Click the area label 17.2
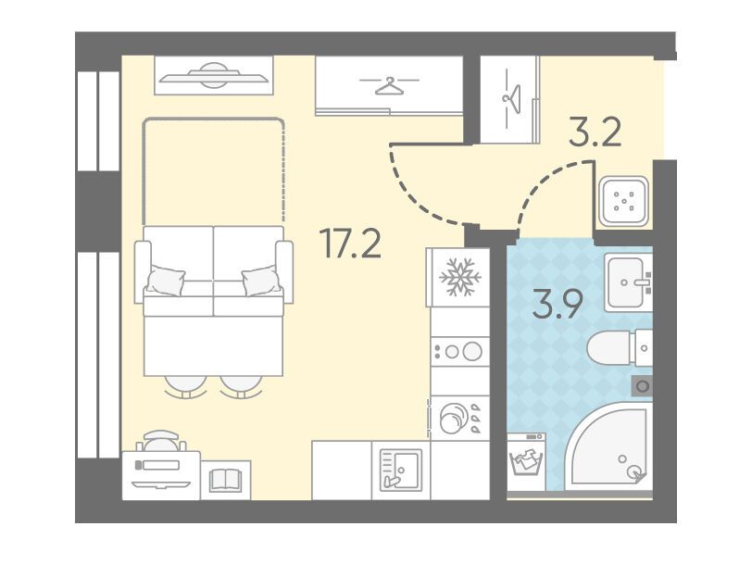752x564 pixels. click(353, 244)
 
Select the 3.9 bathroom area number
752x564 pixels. click(558, 304)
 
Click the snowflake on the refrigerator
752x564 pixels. click(460, 277)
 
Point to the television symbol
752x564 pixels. click(213, 75)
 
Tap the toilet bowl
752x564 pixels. click(620, 347)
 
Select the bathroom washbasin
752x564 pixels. click(628, 282)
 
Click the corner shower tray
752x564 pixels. click(609, 446)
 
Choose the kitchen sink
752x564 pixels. click(401, 470)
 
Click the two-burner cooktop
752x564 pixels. click(460, 352)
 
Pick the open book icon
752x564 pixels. click(225, 480)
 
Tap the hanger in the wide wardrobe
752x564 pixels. click(389, 85)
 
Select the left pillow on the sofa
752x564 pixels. click(165, 281)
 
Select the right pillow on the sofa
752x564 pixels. click(261, 280)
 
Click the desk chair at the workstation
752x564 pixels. click(161, 441)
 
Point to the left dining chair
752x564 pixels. click(185, 386)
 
